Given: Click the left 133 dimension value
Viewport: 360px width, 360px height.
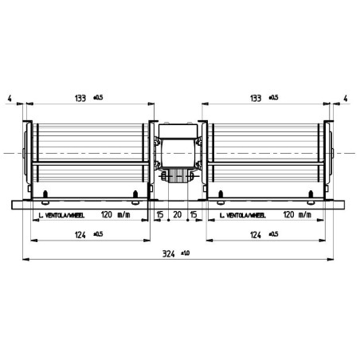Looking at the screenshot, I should (80, 98).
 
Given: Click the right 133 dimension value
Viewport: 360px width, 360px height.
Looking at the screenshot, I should (256, 98).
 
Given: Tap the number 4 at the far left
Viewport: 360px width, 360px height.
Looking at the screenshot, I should (9, 98).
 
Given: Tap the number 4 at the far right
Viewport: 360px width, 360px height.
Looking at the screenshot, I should (346, 98).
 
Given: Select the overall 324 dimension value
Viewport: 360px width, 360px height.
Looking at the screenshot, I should (168, 252).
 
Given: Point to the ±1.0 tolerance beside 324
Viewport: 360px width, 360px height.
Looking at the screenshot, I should (186, 251).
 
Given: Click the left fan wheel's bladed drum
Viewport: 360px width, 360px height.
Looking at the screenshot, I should (89, 151).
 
